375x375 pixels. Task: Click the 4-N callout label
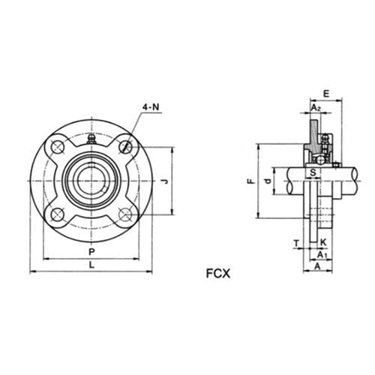coord(150,108)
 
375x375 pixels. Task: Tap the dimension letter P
coord(91,251)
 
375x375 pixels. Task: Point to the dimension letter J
coord(165,180)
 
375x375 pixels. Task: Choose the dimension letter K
coord(322,242)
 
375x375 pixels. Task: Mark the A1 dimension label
coord(322,256)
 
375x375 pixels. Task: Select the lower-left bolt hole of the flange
coord(58,214)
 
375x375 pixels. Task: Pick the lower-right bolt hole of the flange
coord(125,214)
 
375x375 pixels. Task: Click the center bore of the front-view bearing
coord(91,180)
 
